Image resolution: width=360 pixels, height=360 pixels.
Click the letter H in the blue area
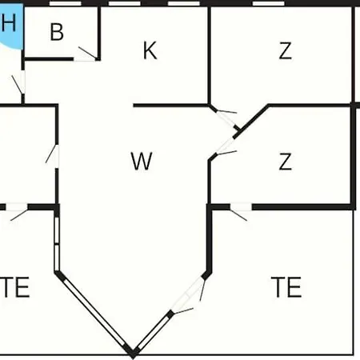[x=9, y=22]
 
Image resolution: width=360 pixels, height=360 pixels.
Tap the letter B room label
[x=57, y=32]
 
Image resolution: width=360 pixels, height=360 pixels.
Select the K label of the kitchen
[x=150, y=50]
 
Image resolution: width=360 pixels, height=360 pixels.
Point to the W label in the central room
[x=142, y=161]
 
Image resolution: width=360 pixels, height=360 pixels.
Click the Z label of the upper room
[x=285, y=50]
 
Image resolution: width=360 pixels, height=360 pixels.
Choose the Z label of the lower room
[x=285, y=162]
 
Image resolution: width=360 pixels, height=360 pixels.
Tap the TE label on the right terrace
[x=286, y=287]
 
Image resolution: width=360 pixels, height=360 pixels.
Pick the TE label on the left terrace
[x=14, y=287]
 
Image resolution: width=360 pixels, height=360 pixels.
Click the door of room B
[x=86, y=54]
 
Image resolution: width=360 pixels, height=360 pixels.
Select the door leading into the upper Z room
[x=226, y=118]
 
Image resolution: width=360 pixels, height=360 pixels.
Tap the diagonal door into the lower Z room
[x=226, y=146]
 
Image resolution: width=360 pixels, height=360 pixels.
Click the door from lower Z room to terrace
[x=240, y=212]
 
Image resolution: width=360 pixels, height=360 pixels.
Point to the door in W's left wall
[x=54, y=156]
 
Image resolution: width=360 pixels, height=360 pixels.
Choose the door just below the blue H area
[x=19, y=82]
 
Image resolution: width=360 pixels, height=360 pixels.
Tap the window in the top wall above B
[x=66, y=3]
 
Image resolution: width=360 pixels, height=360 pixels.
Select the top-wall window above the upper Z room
[x=268, y=3]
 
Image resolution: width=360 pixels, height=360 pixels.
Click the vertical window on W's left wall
[x=57, y=244]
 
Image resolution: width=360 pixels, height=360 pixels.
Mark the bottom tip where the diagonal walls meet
[x=133, y=358]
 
